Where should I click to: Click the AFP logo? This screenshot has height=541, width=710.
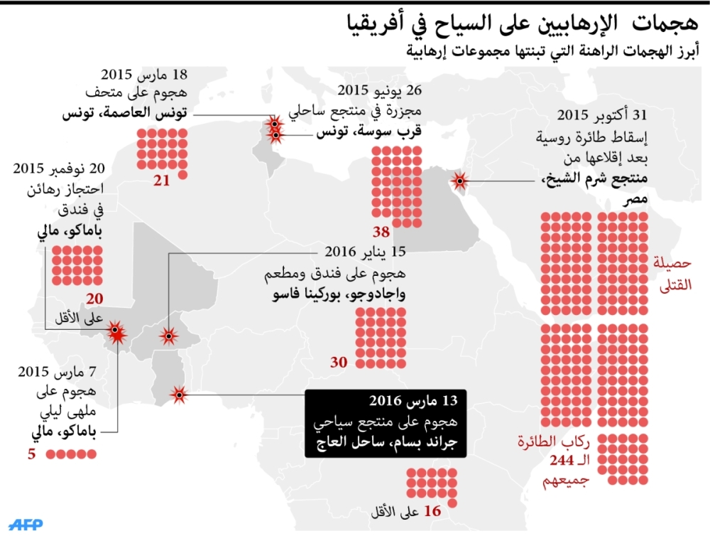point(26,524)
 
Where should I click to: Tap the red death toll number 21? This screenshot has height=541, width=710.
point(162,181)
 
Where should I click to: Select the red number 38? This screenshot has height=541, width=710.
point(381,232)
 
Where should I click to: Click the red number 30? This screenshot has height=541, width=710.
point(339,363)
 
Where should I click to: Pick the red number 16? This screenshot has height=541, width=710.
point(432,510)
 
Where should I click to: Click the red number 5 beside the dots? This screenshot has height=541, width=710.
point(31,453)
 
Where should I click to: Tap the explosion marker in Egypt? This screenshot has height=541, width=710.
point(459,182)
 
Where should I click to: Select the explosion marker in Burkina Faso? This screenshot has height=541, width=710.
point(168,336)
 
